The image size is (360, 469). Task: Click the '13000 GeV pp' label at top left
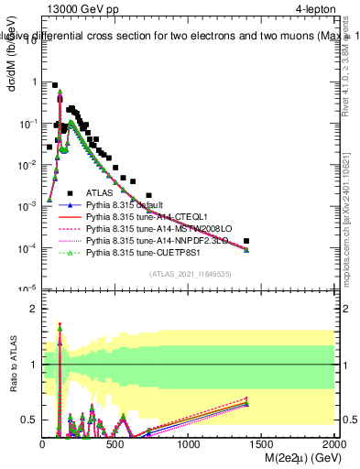(x=82, y=8)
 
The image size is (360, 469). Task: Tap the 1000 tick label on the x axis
(x=189, y=444)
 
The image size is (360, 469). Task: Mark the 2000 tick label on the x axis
(x=334, y=444)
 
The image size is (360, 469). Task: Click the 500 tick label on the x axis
(x=115, y=444)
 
